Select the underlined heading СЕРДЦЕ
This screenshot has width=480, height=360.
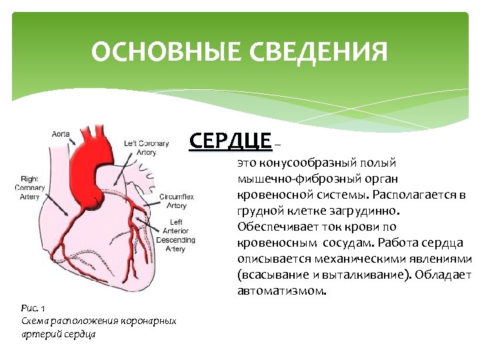click(231, 141)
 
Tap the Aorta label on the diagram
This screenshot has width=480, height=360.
click(61, 134)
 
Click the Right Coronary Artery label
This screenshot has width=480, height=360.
click(31, 187)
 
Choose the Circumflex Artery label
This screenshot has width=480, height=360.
click(177, 201)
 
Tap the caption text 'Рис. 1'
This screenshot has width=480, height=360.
click(33, 308)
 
